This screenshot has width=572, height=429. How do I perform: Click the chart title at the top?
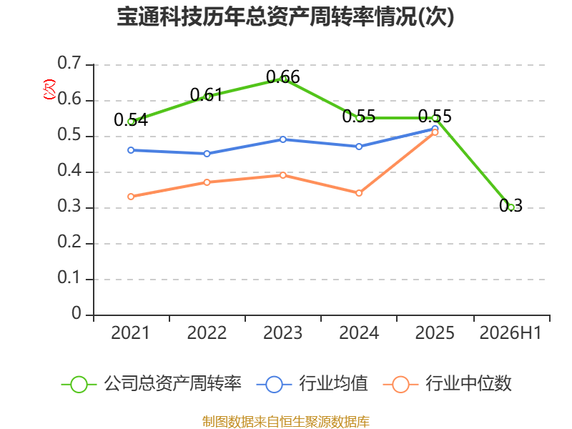click(x=285, y=17)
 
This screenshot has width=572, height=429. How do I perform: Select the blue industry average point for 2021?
click(x=131, y=150)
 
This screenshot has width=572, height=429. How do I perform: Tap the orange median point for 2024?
click(x=359, y=193)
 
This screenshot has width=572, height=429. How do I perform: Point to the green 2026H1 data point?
click(x=511, y=207)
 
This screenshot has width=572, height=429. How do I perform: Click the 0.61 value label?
click(x=207, y=95)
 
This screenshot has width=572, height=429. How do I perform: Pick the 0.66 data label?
click(x=283, y=77)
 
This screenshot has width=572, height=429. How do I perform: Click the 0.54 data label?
click(x=131, y=120)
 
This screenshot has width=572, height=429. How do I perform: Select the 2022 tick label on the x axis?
click(x=207, y=333)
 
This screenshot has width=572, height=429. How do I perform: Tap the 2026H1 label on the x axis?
click(x=511, y=333)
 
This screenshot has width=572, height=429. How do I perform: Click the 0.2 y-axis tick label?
click(x=69, y=242)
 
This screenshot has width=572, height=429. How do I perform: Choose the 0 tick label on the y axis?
click(x=77, y=313)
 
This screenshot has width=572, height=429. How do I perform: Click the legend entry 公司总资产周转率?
click(x=152, y=384)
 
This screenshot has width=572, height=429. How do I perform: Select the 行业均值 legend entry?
click(x=312, y=384)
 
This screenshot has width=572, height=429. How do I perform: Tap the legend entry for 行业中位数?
click(x=448, y=384)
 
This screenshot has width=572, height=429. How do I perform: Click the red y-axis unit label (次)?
click(x=49, y=89)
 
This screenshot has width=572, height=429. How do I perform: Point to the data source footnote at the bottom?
click(x=286, y=422)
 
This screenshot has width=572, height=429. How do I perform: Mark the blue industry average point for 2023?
click(x=283, y=139)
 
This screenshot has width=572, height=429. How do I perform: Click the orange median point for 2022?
click(x=207, y=182)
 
